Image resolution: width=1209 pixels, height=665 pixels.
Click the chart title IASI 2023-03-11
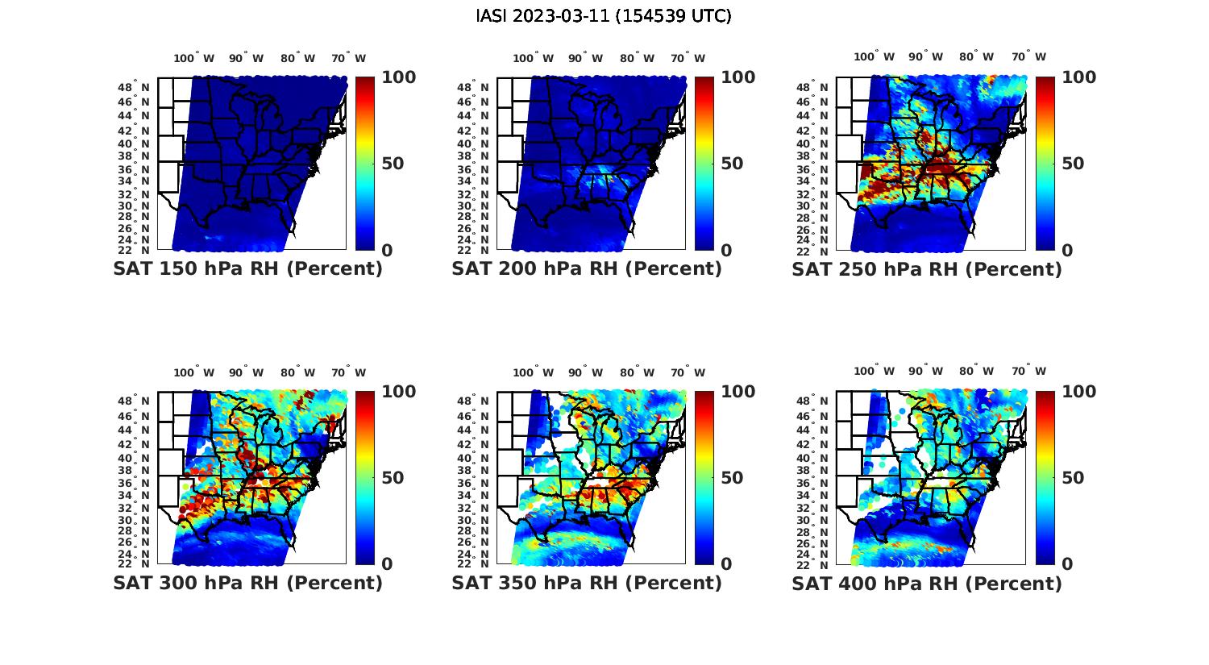[604, 16]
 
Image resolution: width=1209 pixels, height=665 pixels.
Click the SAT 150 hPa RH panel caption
[247, 269]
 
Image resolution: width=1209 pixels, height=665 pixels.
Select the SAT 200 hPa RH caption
[587, 269]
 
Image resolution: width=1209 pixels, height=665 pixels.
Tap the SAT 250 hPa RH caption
[927, 269]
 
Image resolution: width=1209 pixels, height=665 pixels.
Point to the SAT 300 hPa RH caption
[247, 583]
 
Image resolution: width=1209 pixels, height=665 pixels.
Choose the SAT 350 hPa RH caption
[587, 583]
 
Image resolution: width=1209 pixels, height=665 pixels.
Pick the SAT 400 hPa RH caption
[927, 583]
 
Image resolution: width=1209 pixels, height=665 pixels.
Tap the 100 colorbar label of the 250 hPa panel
[1079, 77]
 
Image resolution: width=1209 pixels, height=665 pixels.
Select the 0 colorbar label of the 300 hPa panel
[387, 564]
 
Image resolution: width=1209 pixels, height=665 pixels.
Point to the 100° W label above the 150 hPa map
[194, 58]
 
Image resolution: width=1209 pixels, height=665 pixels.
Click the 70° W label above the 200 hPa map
[688, 58]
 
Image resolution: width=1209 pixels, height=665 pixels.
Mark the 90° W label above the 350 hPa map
[585, 372]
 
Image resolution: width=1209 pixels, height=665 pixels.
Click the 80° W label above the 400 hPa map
[976, 371]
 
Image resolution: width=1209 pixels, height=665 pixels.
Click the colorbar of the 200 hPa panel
[704, 164]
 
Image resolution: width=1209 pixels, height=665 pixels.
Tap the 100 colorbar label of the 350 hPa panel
[737, 392]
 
